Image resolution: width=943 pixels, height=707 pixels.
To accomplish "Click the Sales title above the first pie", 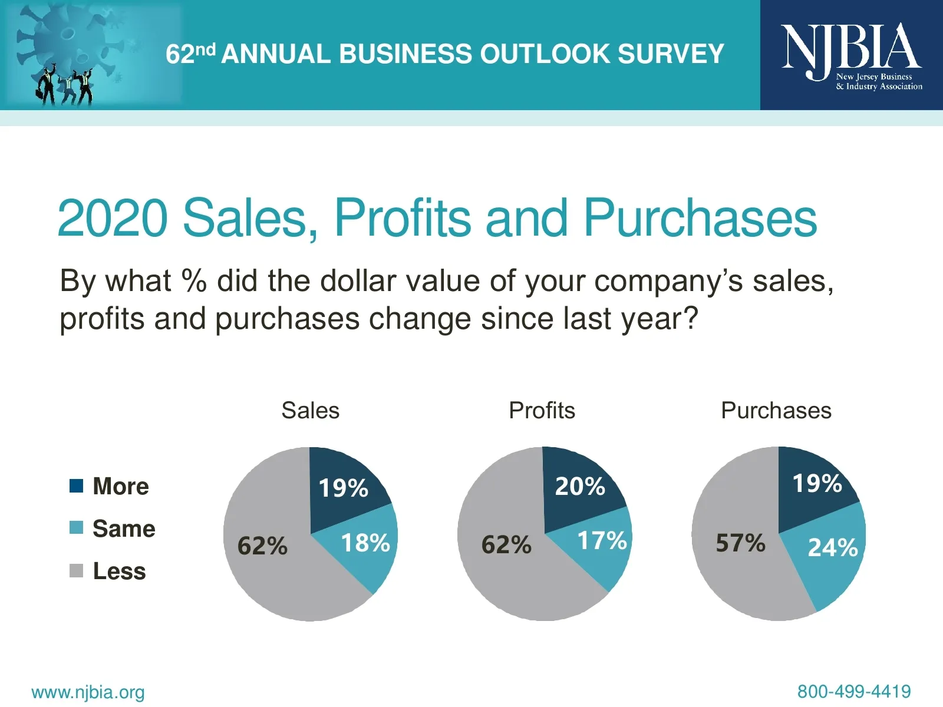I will click(x=311, y=411).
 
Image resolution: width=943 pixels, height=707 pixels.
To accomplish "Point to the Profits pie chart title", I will click(x=542, y=411).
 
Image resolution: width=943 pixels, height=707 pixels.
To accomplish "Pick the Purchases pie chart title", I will click(x=776, y=411).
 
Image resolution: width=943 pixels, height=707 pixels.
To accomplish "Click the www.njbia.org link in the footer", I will click(x=88, y=692).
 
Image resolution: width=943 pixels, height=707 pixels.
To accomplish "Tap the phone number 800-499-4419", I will click(x=854, y=691).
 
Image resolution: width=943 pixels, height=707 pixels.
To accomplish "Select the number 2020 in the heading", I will click(x=113, y=218).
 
